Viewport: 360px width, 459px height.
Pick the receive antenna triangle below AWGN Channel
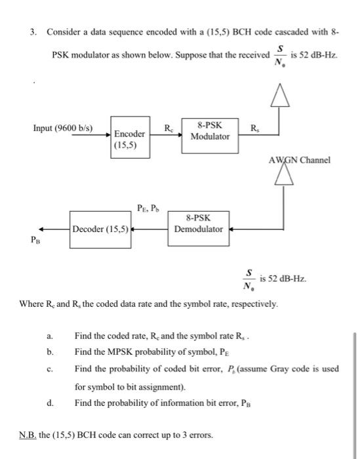tap(283, 176)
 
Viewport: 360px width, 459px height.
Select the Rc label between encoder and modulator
tap(169, 126)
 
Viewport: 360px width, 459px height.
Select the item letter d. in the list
tap(50, 403)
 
